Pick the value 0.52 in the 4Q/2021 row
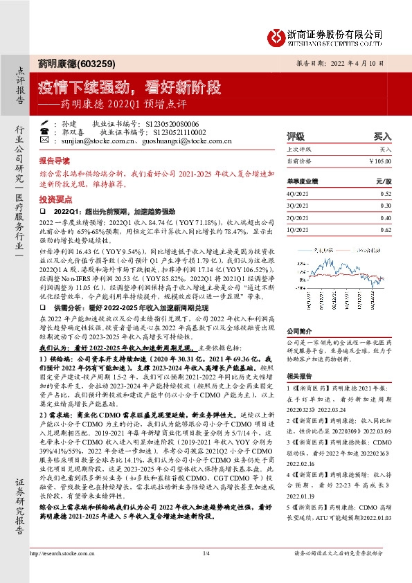point(386,193)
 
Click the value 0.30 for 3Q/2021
point(386,205)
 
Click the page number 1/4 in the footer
point(206,572)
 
